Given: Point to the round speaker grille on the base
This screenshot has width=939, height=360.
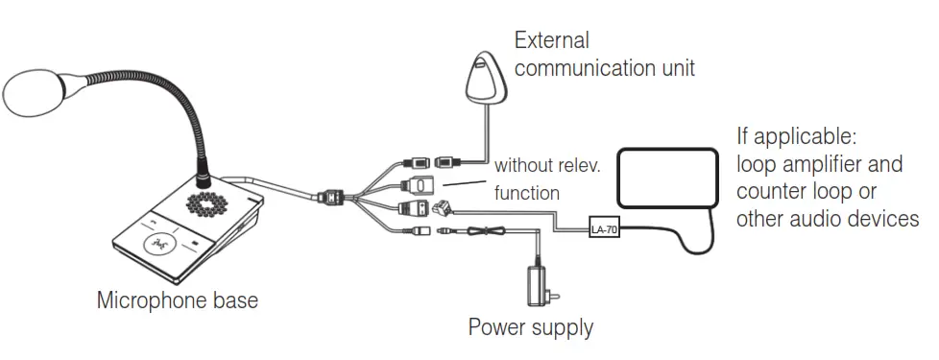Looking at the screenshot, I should pyautogui.click(x=211, y=204).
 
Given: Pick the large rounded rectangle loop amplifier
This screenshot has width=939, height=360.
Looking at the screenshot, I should pyautogui.click(x=668, y=178).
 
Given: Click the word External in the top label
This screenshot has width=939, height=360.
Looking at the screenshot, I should pyautogui.click(x=551, y=41).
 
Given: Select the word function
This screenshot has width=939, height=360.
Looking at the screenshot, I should pyautogui.click(x=526, y=193).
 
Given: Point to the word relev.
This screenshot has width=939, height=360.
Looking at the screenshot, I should pyautogui.click(x=575, y=166).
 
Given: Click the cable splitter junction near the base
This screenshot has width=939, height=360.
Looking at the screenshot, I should pyautogui.click(x=332, y=198).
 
